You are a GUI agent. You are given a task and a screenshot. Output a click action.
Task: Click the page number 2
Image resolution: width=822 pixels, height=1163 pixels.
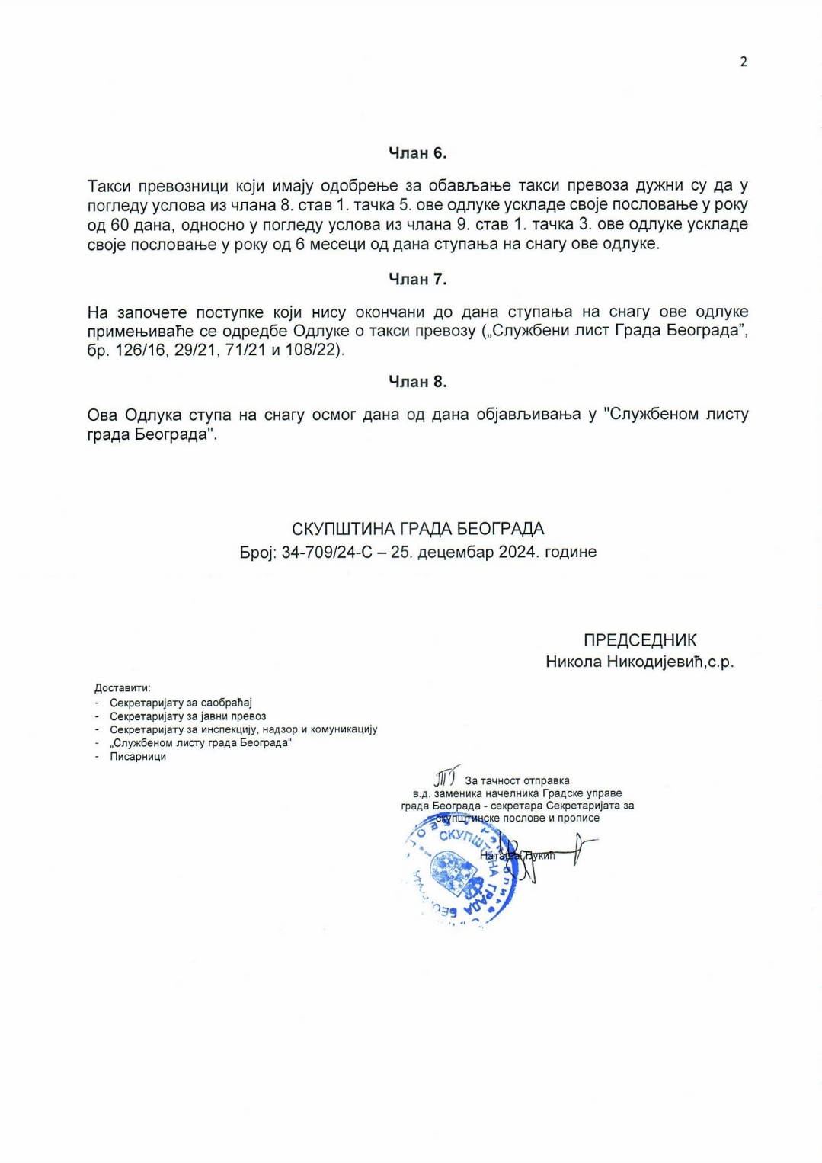coord(744,62)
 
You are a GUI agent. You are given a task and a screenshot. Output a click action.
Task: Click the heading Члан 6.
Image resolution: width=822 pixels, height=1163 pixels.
coord(417,153)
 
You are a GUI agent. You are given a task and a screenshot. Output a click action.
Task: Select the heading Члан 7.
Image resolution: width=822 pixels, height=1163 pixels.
coord(417,280)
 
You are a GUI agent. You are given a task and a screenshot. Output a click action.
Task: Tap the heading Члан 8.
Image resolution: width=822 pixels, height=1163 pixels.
coord(417,382)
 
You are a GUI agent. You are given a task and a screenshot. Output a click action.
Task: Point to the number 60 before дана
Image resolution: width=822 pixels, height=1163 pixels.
coord(119,225)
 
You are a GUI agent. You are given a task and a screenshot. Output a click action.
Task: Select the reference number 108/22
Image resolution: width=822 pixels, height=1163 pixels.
coord(312,351)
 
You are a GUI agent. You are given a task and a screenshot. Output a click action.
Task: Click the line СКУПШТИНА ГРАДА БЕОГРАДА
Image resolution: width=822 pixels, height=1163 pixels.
coord(417,529)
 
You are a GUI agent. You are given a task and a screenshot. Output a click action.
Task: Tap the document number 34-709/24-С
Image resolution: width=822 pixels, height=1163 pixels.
coord(327,552)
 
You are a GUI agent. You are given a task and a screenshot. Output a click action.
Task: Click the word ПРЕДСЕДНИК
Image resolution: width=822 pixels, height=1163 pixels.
coord(640,640)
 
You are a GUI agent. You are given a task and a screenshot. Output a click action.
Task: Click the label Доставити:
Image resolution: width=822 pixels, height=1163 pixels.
coord(123,688)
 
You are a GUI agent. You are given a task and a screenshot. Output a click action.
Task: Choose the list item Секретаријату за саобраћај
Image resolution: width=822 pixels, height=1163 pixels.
coord(181,703)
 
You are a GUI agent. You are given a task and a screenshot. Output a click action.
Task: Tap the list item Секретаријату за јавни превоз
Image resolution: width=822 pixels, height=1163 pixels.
coord(187,716)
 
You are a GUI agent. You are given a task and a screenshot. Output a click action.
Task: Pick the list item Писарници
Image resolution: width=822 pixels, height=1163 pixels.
coord(138,756)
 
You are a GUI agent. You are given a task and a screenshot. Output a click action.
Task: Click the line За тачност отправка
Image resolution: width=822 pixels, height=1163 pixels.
coord(517,780)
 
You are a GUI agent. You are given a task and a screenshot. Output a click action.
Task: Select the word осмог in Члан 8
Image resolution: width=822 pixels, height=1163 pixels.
coord(334,415)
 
